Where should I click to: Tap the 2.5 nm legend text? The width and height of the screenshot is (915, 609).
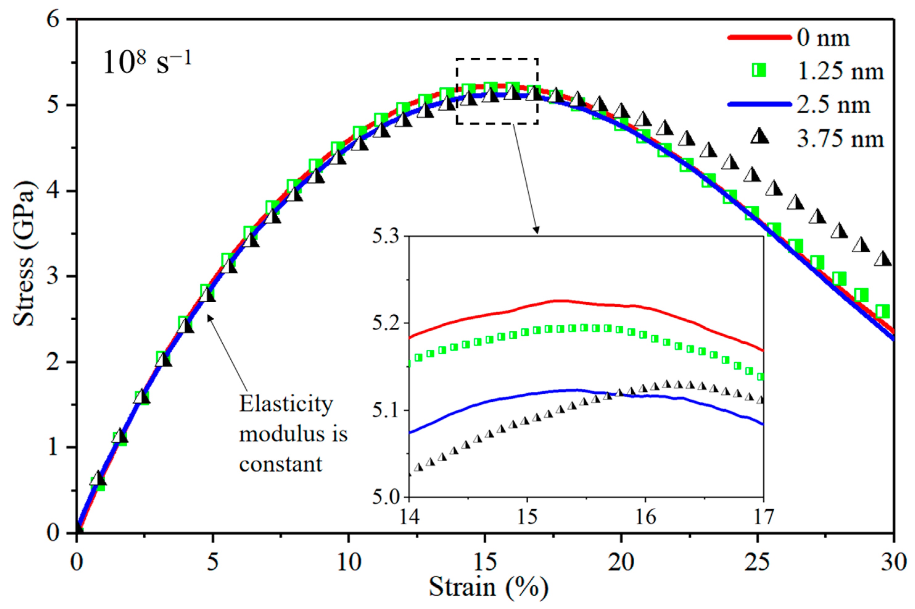pos(833,105)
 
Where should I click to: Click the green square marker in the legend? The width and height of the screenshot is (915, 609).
pos(759,71)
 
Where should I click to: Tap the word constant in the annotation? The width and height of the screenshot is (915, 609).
pos(280,464)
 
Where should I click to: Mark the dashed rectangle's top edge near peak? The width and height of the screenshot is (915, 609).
pos(497,59)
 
